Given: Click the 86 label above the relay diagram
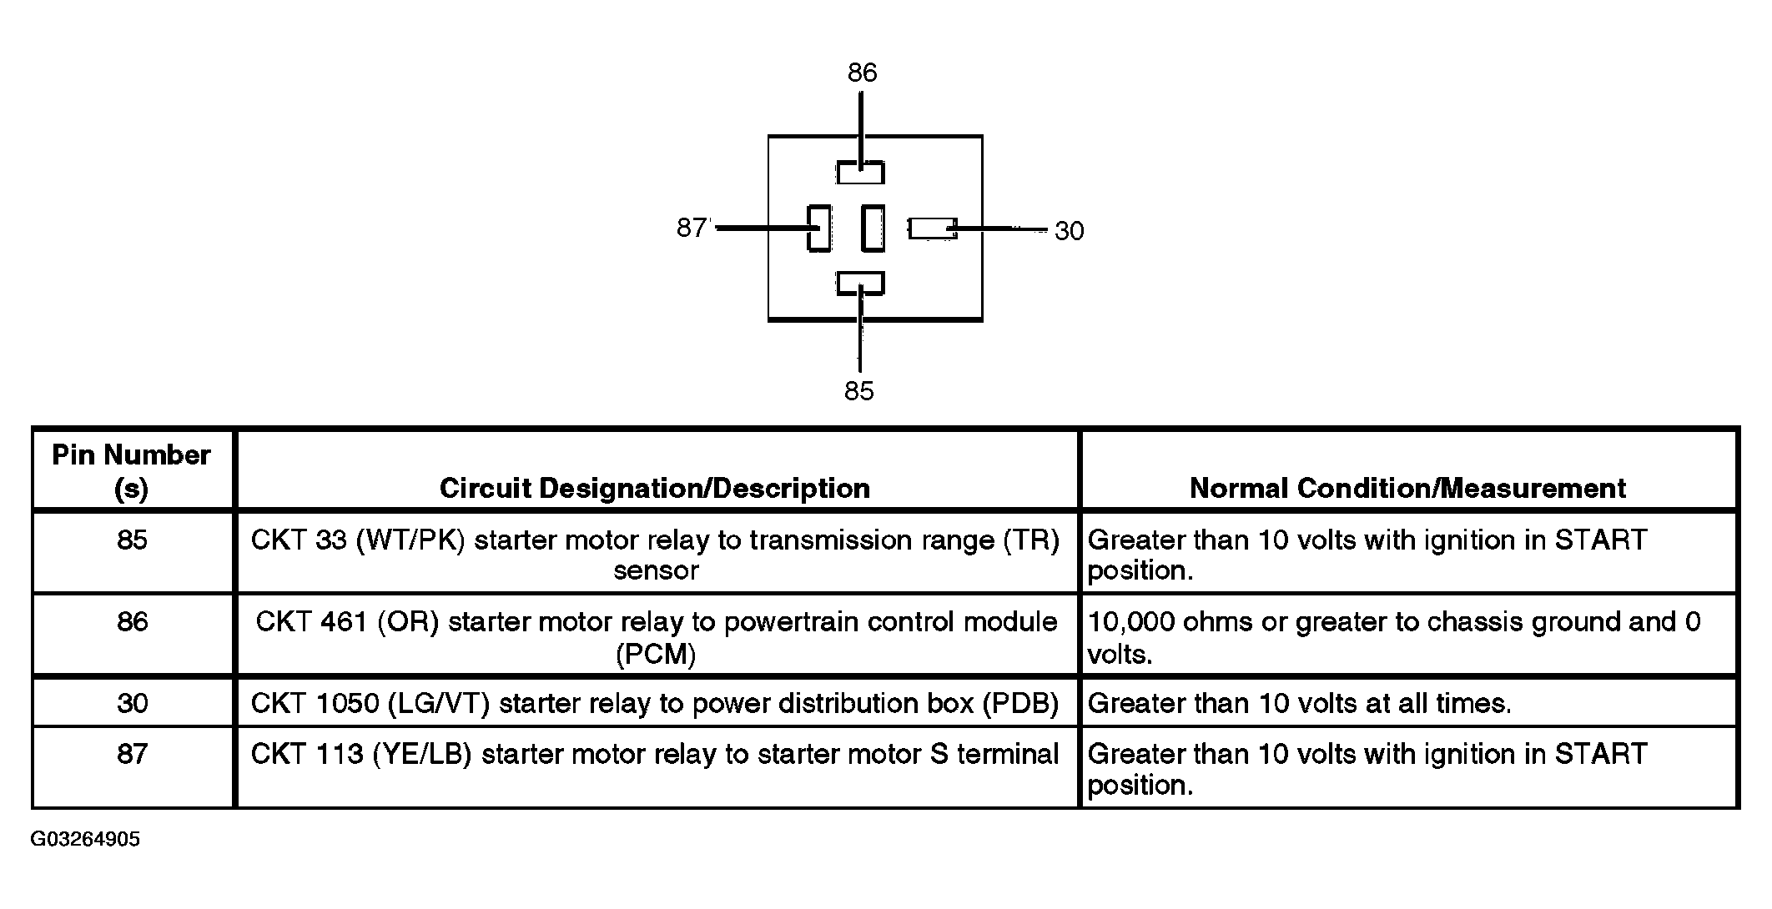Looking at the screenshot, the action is point(862,73).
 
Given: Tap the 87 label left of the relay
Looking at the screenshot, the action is point(692,228).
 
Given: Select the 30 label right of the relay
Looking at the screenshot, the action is point(1069,231).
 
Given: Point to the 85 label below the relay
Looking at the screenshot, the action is point(858,391).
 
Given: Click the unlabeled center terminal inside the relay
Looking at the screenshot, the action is point(873,228).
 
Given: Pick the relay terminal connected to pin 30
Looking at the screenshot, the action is point(932,229).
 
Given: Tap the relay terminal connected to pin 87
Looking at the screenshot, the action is point(819,228).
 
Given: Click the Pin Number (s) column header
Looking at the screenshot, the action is point(132,471).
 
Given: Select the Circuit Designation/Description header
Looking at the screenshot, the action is point(655,488).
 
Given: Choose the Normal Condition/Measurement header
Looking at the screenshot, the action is point(1407,488).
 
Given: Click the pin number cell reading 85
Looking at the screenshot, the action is point(133,540).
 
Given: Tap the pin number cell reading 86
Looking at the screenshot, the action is point(133,621).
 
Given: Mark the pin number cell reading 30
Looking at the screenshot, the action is point(133,703).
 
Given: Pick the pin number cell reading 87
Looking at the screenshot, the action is point(133,754).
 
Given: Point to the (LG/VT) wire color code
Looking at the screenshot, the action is point(438,704).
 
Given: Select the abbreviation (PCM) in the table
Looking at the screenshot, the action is point(656,655).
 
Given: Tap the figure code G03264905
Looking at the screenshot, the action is point(85,839).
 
